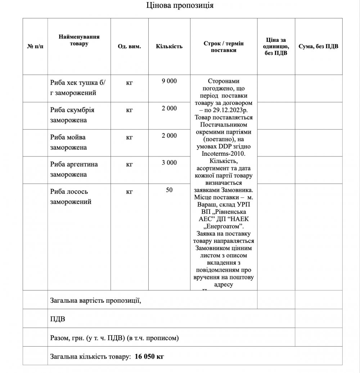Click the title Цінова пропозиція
coord(180,5)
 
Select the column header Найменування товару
coord(79,40)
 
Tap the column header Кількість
coord(169,46)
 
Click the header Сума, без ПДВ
coord(318,46)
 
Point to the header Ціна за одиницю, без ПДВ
coord(276,46)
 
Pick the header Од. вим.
coord(129,46)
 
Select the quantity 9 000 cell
coord(169,81)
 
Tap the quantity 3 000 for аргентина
coord(169,163)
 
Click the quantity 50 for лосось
coord(169,190)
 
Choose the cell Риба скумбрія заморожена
coord(72,115)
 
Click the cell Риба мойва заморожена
coord(68,142)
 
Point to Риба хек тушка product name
coord(78,88)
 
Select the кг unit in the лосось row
coord(129,192)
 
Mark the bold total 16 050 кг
coord(149,356)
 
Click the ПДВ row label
coord(58,319)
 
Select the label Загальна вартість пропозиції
coord(95,300)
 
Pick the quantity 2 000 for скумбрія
coord(169,108)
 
